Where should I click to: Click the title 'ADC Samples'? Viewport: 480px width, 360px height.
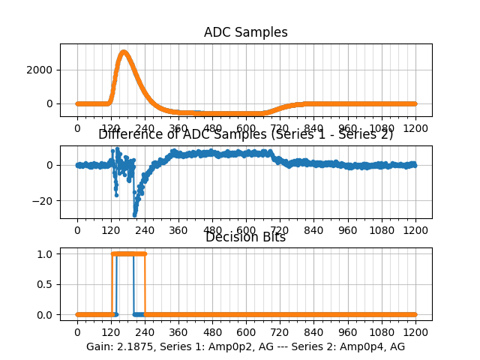pos(245,32)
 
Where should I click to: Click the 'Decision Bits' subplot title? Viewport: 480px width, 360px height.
pos(245,238)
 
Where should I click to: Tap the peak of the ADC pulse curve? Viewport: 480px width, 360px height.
pos(124,52)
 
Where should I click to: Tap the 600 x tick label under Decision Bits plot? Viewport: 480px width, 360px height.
pos(246,331)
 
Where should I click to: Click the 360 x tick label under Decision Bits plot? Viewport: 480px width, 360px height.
pos(178,331)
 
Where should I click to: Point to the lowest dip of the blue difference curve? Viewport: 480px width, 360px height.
pos(134,215)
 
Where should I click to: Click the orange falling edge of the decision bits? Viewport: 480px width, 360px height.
pos(145,284)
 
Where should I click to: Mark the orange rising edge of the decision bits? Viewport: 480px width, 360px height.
pos(112,284)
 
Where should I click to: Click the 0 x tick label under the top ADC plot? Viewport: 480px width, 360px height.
pos(77,128)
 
